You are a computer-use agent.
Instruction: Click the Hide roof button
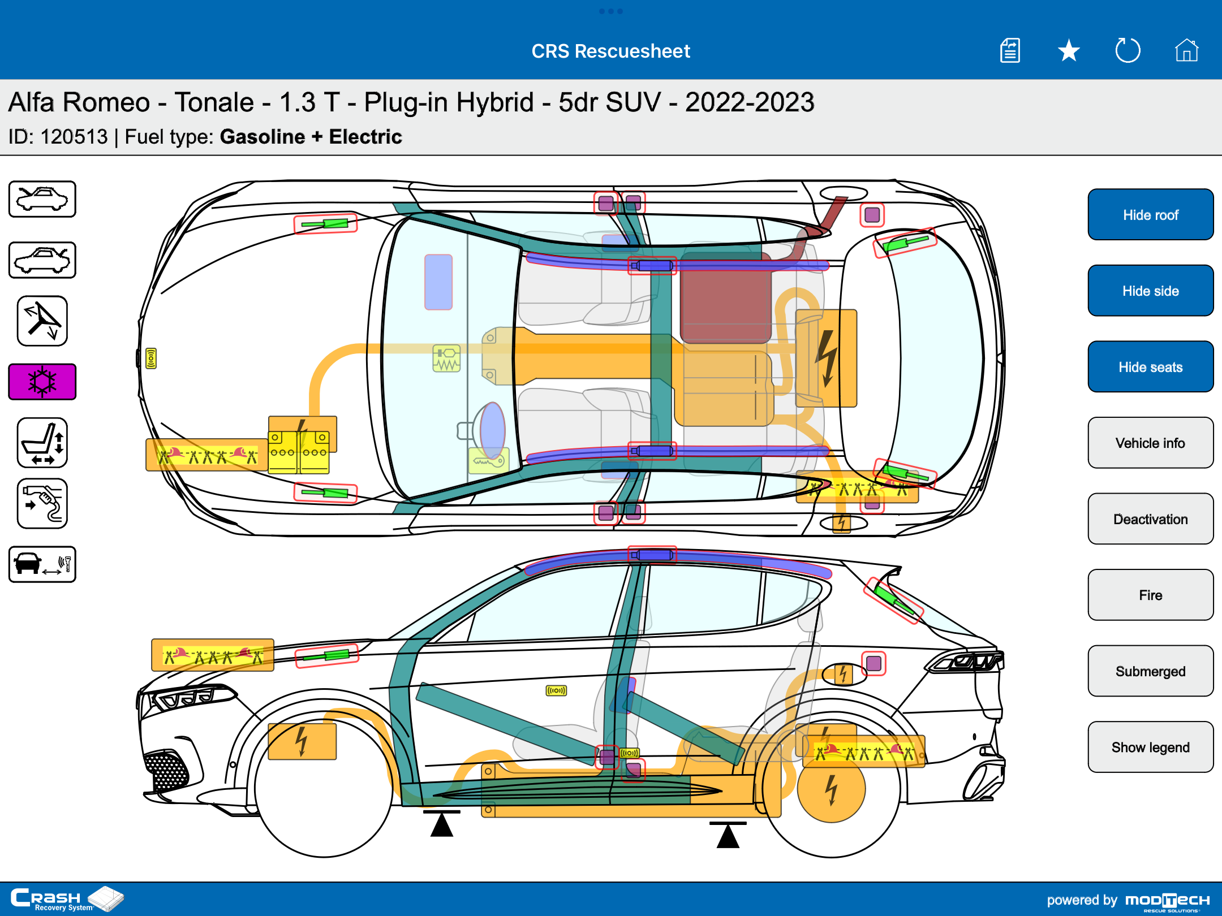[1150, 215]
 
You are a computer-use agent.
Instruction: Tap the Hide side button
[1150, 291]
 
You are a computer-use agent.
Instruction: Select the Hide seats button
[1150, 367]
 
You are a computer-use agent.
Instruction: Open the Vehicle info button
[1150, 443]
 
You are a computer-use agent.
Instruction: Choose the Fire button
[1150, 595]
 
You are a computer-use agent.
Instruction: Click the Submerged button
[1150, 671]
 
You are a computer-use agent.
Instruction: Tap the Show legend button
[1150, 747]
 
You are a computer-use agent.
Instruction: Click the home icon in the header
[1186, 51]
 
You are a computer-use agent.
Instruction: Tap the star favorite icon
[1069, 51]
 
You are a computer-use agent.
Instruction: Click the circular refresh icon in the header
[1128, 51]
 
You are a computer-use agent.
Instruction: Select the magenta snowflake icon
[42, 382]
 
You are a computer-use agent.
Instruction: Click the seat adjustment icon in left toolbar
[42, 443]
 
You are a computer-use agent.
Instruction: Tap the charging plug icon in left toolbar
[42, 504]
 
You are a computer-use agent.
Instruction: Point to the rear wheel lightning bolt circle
[831, 788]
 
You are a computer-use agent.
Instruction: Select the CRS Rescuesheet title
[610, 51]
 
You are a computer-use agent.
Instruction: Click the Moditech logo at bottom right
[1167, 900]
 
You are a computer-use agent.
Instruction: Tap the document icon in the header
[1010, 51]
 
